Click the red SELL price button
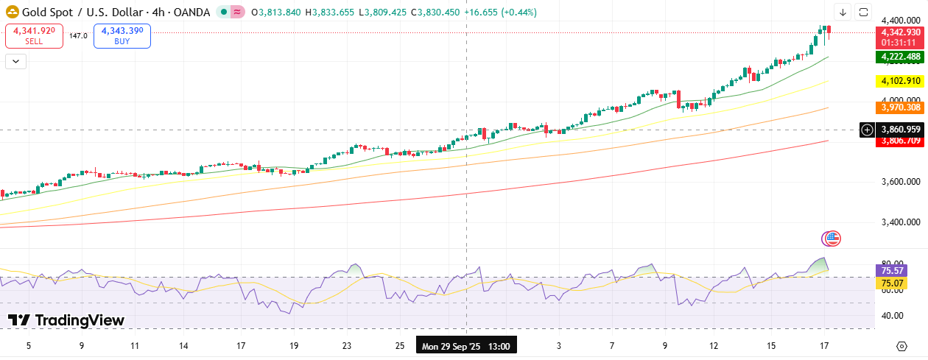click(x=34, y=35)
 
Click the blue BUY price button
click(x=122, y=35)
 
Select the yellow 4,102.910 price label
click(x=899, y=81)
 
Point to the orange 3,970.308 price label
click(x=899, y=107)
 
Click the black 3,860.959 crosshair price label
click(x=899, y=130)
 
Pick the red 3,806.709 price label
click(x=899, y=141)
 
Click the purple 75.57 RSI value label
click(x=893, y=270)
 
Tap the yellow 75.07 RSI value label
click(x=893, y=283)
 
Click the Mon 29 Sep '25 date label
click(x=466, y=345)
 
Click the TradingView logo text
click(x=66, y=320)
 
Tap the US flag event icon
click(x=831, y=238)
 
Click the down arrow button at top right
click(x=843, y=12)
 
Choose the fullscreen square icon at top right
click(x=864, y=12)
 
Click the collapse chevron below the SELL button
click(x=15, y=61)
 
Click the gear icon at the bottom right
click(x=901, y=346)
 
